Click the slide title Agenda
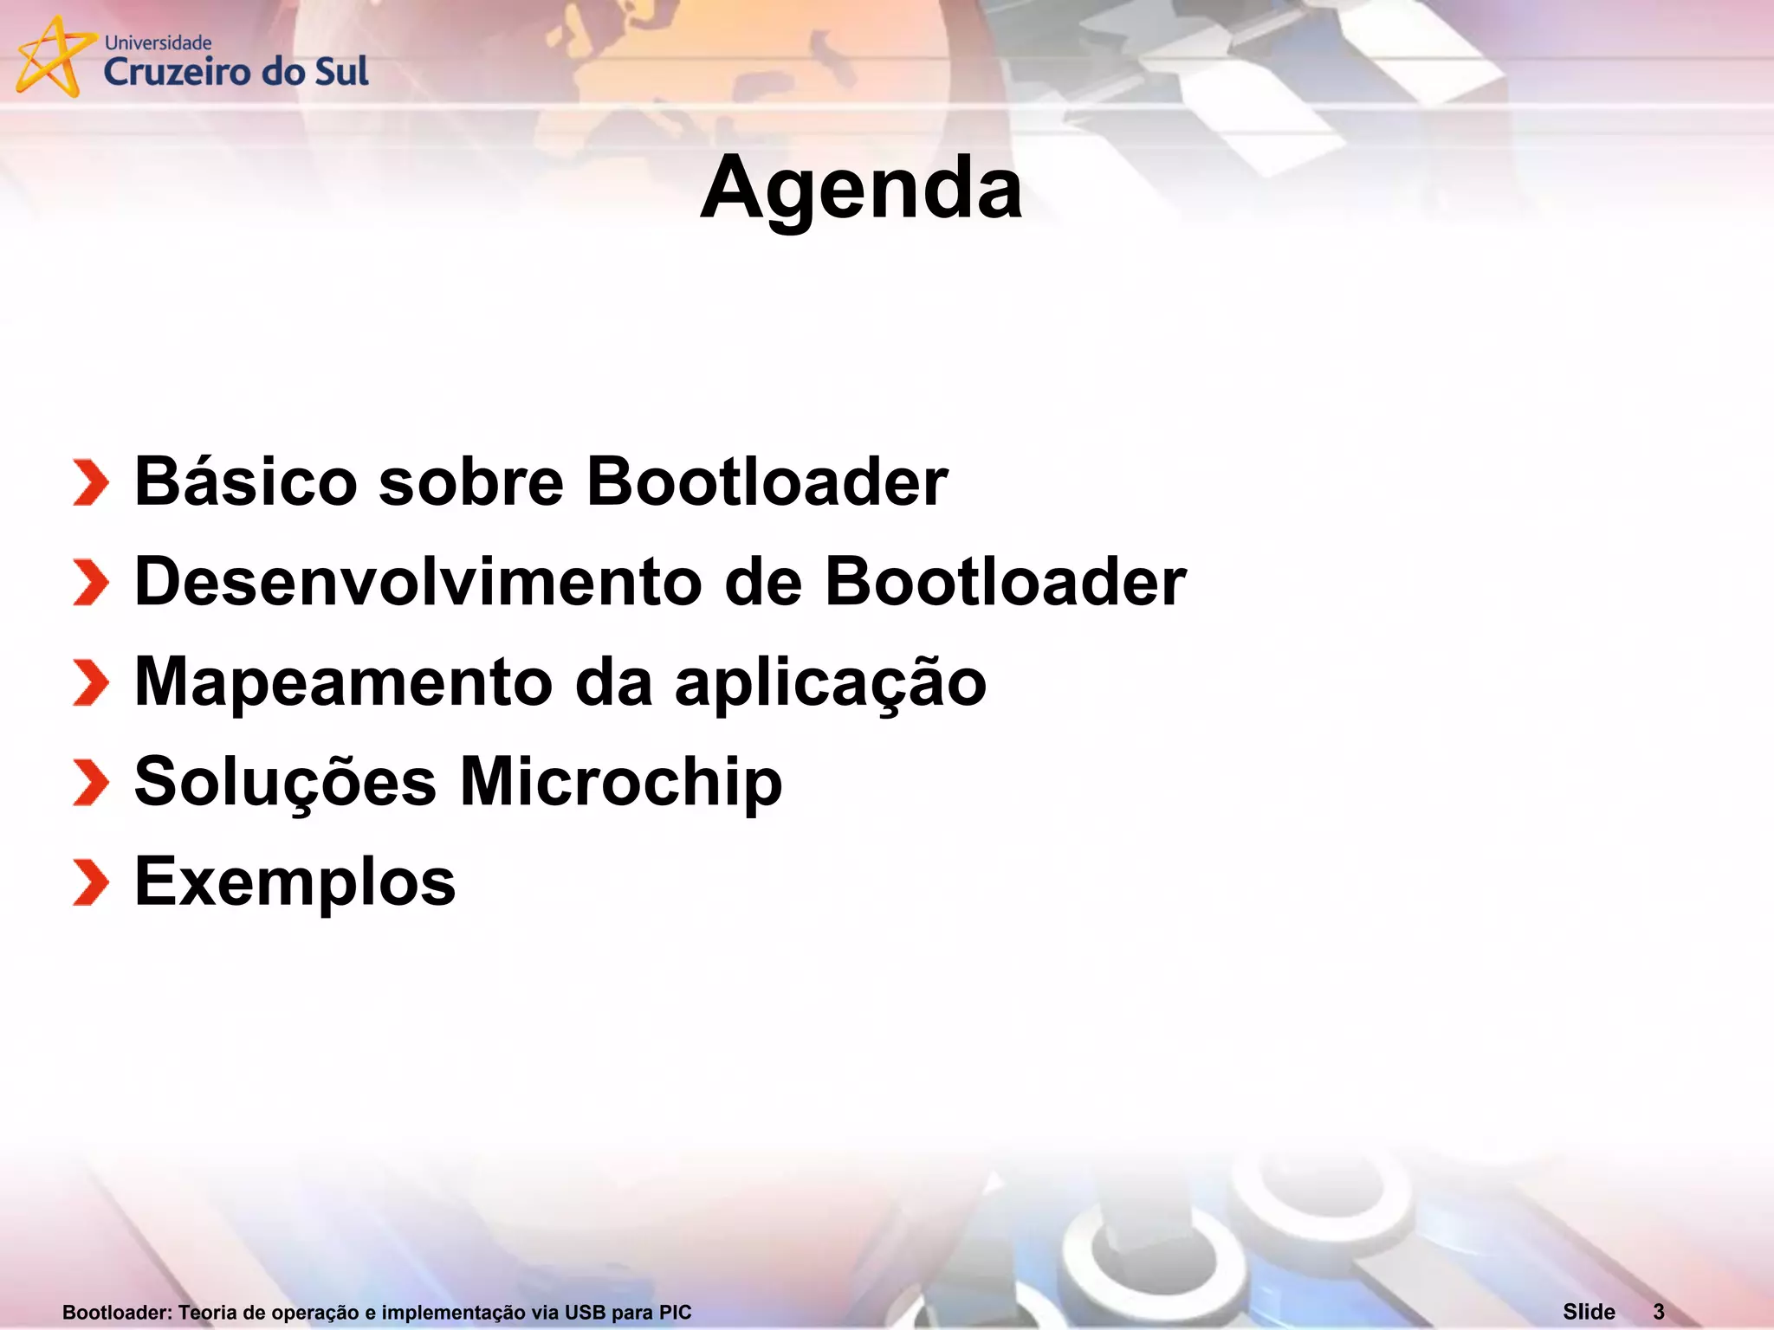861,189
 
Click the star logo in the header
52,57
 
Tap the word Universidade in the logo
158,42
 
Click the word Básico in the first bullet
246,481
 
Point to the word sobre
471,481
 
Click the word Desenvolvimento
418,581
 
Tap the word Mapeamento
343,681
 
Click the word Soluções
285,782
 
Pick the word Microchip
620,782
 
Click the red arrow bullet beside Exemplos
91,882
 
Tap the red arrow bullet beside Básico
91,482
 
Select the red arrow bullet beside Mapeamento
91,682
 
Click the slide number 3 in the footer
1658,1312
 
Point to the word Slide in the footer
1589,1312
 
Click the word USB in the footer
585,1313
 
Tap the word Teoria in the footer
208,1313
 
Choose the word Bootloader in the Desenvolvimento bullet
1005,581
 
